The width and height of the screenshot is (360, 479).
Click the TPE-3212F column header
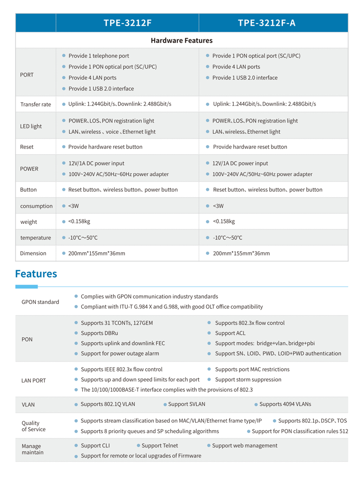[x=127, y=23]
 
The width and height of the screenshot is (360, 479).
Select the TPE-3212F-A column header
[x=267, y=23]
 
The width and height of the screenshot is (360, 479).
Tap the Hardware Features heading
[x=182, y=40]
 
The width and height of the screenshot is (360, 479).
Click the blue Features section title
[x=36, y=274]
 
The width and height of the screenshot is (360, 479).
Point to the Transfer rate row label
[x=36, y=104]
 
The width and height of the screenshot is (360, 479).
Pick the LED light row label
[x=31, y=126]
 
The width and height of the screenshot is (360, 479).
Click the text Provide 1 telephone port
[x=98, y=56]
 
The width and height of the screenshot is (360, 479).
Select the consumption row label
[x=36, y=206]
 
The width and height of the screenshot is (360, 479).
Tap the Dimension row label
[x=33, y=253]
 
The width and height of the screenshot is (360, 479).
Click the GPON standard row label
[x=40, y=302]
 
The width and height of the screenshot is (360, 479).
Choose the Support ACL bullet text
[x=230, y=333]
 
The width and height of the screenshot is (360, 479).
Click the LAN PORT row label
[x=33, y=381]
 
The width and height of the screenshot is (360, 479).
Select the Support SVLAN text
[x=186, y=404]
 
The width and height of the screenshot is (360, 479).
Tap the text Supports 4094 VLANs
[x=285, y=404]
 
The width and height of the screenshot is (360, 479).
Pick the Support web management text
[x=245, y=445]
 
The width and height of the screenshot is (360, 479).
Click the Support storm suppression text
[x=248, y=379]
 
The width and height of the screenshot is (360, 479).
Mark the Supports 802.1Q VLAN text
[x=108, y=404]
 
